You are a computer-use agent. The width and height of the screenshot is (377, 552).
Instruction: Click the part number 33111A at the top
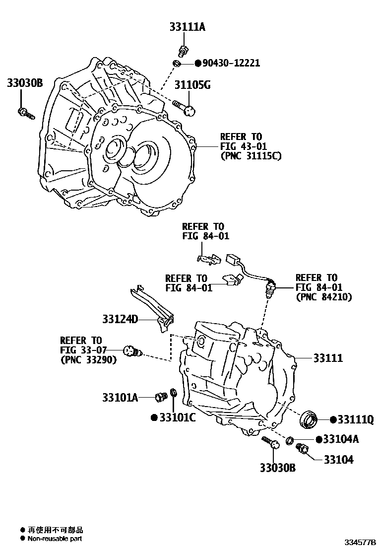(x=185, y=27)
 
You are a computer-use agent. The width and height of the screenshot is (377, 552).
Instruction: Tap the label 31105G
(x=192, y=85)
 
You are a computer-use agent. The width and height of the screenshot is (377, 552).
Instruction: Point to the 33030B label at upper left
(x=25, y=83)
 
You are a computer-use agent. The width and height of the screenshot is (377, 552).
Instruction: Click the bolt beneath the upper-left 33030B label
(x=25, y=113)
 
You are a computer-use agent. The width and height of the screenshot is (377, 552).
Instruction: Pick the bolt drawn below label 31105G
(x=185, y=107)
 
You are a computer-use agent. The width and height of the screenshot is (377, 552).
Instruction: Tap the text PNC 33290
(x=88, y=360)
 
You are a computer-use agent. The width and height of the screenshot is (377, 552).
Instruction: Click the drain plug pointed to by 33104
(x=302, y=449)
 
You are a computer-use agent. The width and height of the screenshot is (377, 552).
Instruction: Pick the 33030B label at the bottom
(x=277, y=467)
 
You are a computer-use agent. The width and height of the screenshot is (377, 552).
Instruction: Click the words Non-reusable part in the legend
(x=55, y=539)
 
